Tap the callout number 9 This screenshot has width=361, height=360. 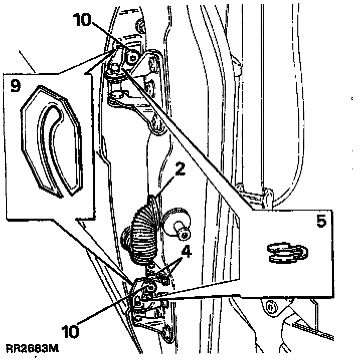15,86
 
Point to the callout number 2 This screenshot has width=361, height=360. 179,170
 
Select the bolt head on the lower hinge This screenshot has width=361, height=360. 150,287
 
